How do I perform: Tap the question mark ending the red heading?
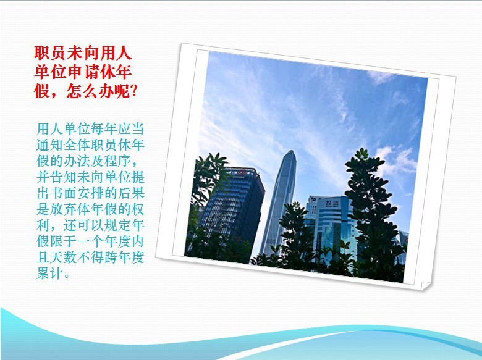point(133,91)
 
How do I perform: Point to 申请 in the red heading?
point(83,72)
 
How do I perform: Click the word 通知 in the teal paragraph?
point(50,145)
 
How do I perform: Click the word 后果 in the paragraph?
point(131,193)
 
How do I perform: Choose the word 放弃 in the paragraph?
point(64,209)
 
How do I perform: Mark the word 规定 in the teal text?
point(118,225)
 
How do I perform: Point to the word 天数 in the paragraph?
point(64,257)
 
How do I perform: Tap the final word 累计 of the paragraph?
point(50,273)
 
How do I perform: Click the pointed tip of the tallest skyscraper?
point(291,151)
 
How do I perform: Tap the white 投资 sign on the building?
point(332,203)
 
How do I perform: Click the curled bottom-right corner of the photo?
point(425,286)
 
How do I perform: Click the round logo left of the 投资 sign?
point(313,201)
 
